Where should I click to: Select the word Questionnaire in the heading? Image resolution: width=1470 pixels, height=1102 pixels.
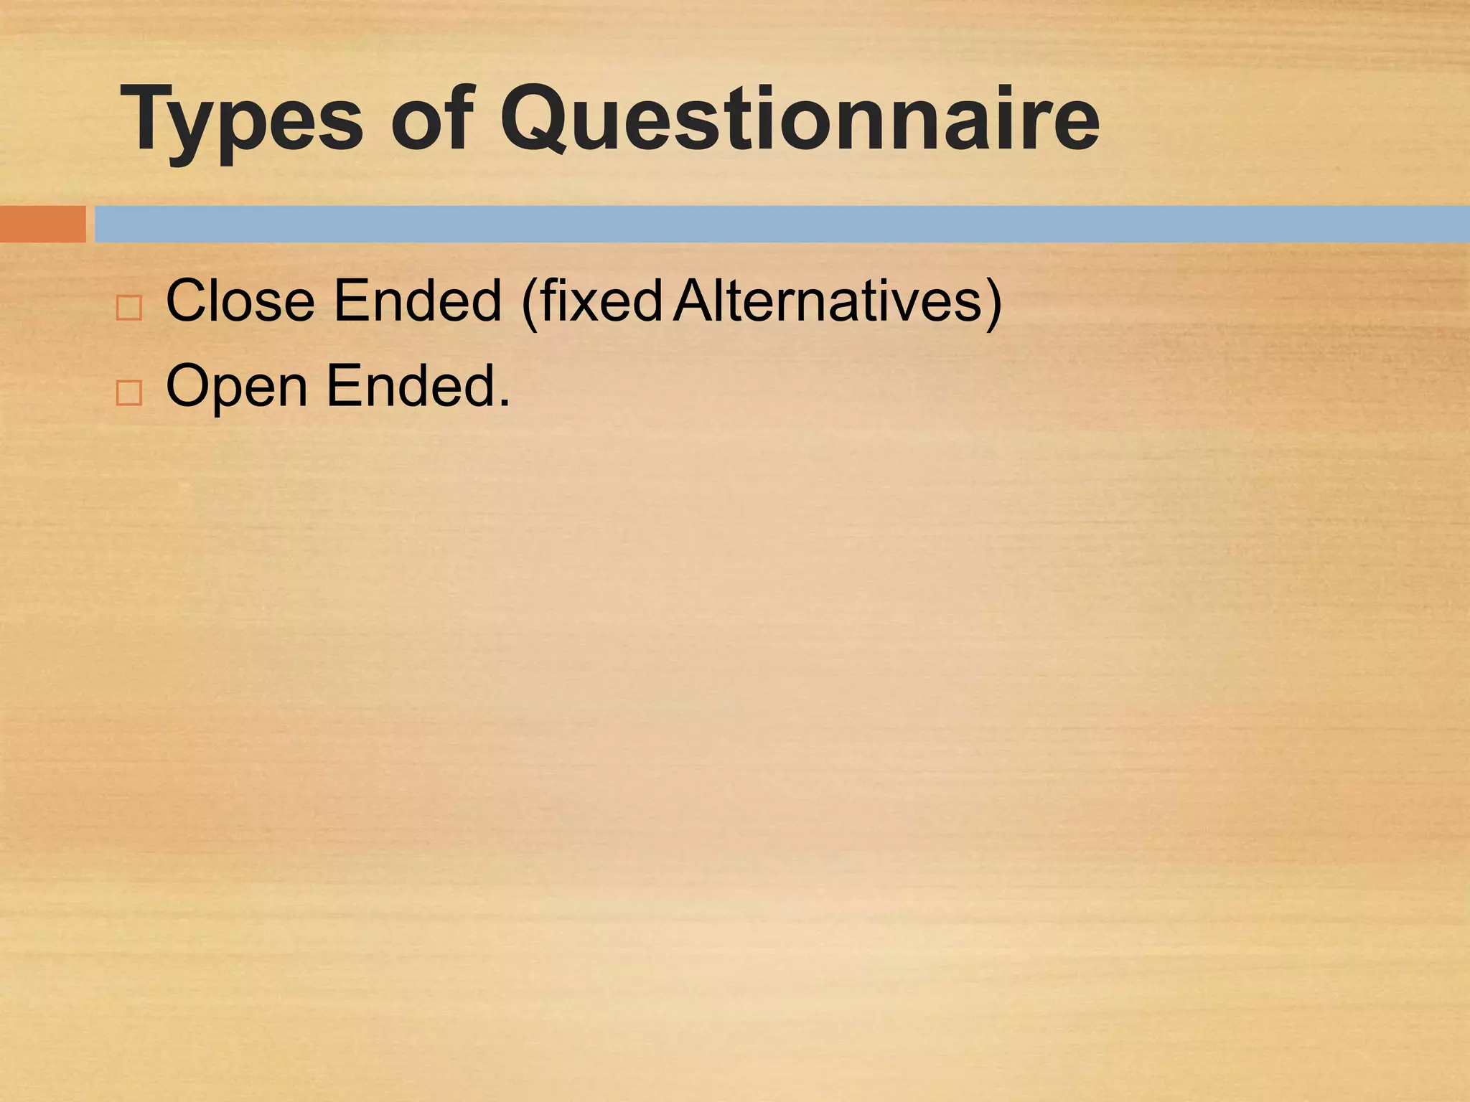[x=799, y=118]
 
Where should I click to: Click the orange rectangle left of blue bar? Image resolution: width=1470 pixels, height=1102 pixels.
[x=42, y=224]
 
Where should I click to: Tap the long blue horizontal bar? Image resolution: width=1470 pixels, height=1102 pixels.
[x=781, y=224]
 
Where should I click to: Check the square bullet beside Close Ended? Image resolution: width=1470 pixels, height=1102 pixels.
[x=129, y=308]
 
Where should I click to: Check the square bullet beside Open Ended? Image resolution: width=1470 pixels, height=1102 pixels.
[x=129, y=393]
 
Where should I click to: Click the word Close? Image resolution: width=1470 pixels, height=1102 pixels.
[x=240, y=301]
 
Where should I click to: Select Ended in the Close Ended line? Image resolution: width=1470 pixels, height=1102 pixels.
[x=418, y=301]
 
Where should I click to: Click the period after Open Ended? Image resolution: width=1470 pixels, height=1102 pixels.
[x=505, y=404]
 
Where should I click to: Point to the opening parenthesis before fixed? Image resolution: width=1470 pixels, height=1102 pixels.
[x=530, y=303]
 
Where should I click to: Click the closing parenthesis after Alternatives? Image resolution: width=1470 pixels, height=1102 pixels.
[x=993, y=303]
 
